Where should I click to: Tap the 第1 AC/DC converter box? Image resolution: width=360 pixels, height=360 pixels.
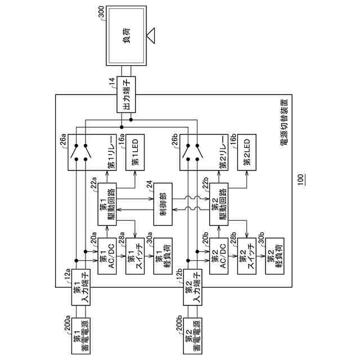(x=107, y=255)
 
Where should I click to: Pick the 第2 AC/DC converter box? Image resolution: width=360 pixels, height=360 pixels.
(x=219, y=255)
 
